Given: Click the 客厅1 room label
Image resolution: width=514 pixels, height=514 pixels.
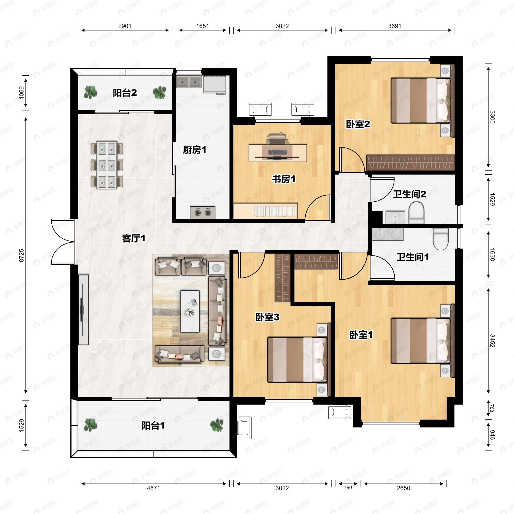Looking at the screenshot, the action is click(134, 238).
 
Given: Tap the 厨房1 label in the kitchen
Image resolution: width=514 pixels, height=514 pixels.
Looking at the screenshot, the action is click(194, 150).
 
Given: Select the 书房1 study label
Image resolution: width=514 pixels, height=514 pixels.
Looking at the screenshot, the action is click(284, 179).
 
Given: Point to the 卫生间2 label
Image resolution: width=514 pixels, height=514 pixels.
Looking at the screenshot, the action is click(409, 194).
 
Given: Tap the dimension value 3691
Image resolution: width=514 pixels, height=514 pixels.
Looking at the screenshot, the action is click(394, 26).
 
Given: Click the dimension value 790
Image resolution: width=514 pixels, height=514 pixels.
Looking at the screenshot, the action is click(348, 487).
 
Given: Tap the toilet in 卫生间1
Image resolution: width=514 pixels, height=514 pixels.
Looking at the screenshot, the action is click(441, 239).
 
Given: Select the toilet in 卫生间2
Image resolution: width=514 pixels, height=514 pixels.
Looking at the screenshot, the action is click(416, 213).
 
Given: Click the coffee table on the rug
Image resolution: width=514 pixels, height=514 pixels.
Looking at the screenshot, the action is click(190, 311).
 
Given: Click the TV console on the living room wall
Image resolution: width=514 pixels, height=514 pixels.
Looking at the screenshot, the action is click(83, 310).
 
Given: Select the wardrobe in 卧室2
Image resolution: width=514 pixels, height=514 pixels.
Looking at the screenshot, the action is click(410, 163).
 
